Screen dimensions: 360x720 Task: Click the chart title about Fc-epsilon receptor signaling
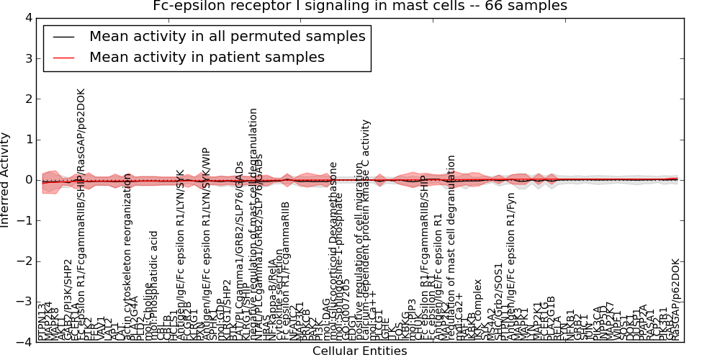click(x=359, y=6)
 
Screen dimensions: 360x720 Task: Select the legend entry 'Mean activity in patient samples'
click(x=206, y=57)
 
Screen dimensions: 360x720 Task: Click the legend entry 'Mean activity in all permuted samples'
click(x=227, y=36)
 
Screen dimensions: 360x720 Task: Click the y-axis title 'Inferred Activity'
click(x=6, y=180)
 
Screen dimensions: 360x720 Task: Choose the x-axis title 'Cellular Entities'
click(x=359, y=351)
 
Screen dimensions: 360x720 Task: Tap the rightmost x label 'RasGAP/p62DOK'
click(x=675, y=299)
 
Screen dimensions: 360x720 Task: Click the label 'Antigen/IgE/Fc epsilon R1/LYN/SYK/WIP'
click(x=206, y=245)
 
